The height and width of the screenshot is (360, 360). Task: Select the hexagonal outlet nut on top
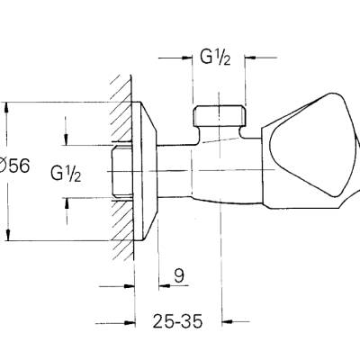pyautogui.click(x=219, y=116)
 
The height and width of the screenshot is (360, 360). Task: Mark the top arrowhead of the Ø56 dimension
pyautogui.click(x=9, y=103)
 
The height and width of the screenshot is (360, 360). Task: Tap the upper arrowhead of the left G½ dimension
pyautogui.click(x=67, y=140)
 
